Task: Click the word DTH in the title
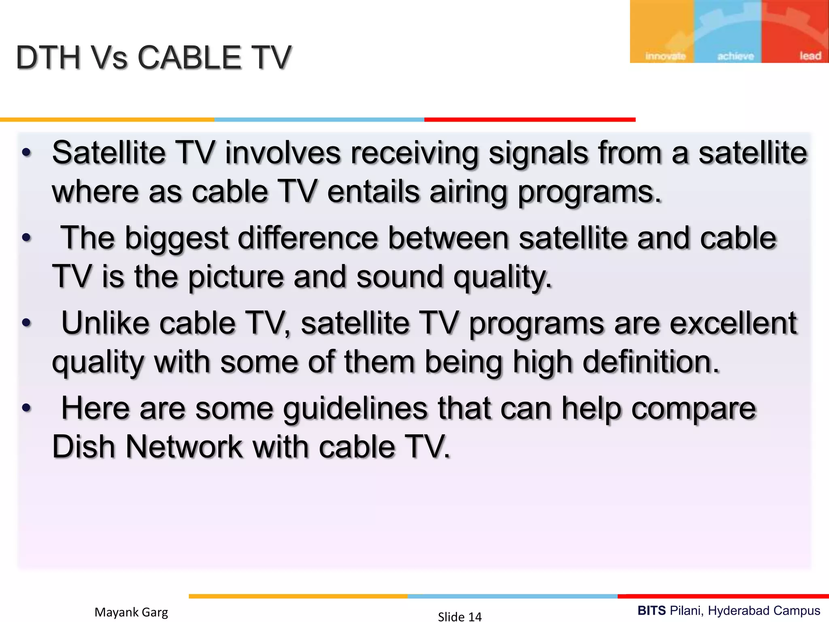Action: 49,58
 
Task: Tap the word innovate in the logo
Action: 665,56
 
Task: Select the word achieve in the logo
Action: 735,56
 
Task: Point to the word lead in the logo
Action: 810,56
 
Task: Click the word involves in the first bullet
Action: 283,153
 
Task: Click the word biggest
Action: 176,238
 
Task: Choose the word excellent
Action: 733,324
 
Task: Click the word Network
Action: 184,447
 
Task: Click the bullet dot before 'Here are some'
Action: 27,408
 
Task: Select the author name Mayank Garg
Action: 131,612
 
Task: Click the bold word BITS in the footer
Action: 651,611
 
